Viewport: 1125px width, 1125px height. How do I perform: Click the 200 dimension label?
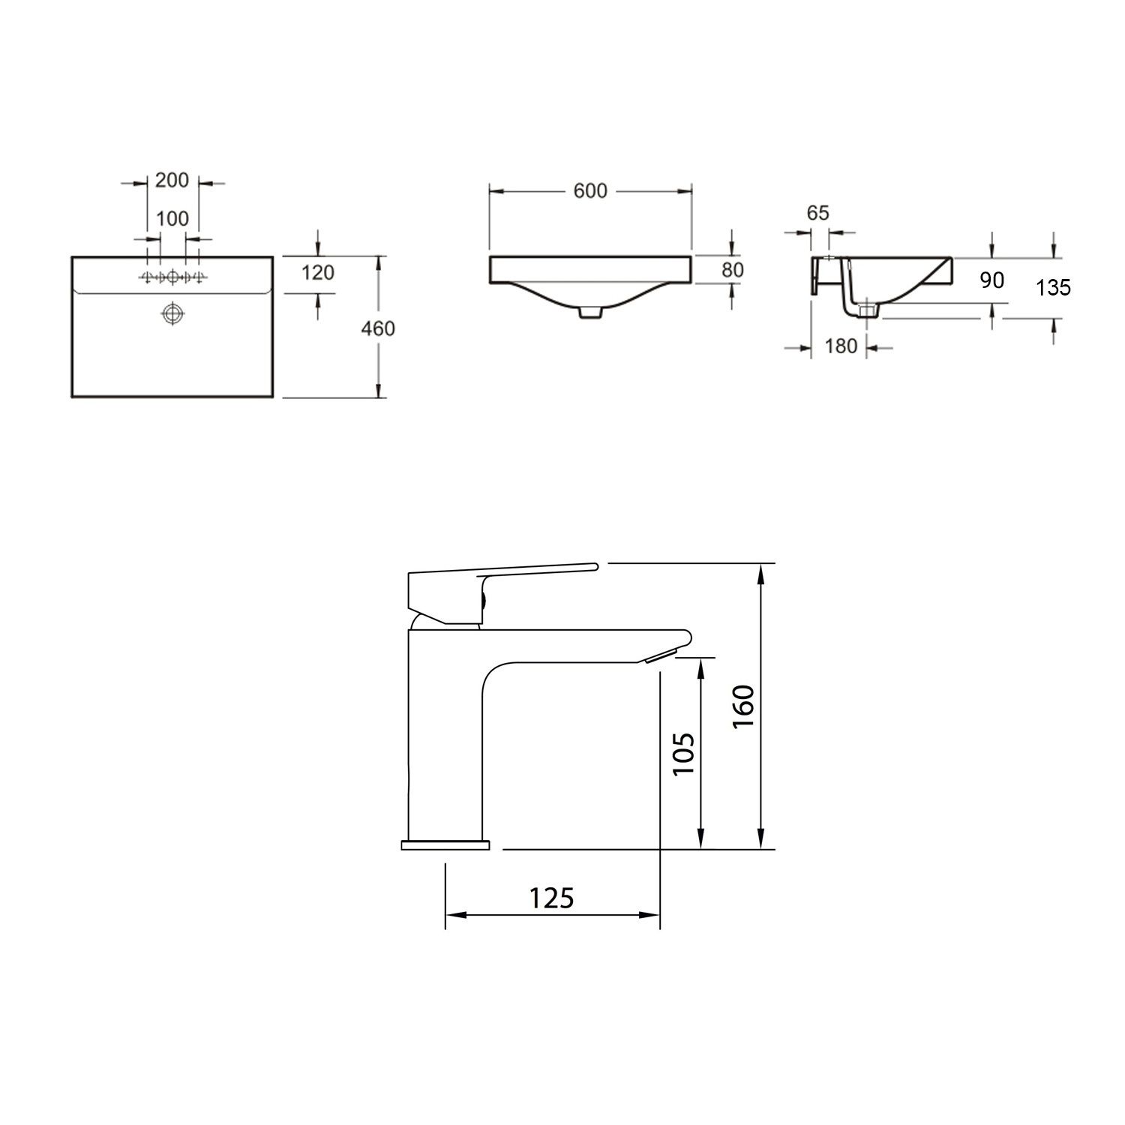(x=172, y=181)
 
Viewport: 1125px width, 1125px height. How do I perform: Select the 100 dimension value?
(x=172, y=219)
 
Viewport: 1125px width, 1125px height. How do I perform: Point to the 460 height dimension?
(x=378, y=328)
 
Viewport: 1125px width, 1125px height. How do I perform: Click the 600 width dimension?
(x=590, y=191)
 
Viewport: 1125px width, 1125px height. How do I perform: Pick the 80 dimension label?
(x=733, y=269)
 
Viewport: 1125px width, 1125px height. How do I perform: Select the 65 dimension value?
(x=818, y=213)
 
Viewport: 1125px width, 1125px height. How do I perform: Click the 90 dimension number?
(x=991, y=280)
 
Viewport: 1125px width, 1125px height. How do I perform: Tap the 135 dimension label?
(x=1053, y=286)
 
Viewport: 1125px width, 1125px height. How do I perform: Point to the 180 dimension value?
(x=840, y=346)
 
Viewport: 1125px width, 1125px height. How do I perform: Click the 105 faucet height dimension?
(x=683, y=754)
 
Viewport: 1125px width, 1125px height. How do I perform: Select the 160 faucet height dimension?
(x=742, y=706)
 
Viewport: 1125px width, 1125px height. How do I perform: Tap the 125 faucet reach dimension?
(x=551, y=898)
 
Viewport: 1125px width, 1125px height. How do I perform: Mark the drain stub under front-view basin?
(x=590, y=313)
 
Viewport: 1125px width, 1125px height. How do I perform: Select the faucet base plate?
(x=445, y=845)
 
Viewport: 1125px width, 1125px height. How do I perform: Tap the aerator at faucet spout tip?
(x=659, y=656)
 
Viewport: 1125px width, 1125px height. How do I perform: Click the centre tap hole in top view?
(x=172, y=277)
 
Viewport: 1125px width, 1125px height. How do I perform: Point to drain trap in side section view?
(x=868, y=309)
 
